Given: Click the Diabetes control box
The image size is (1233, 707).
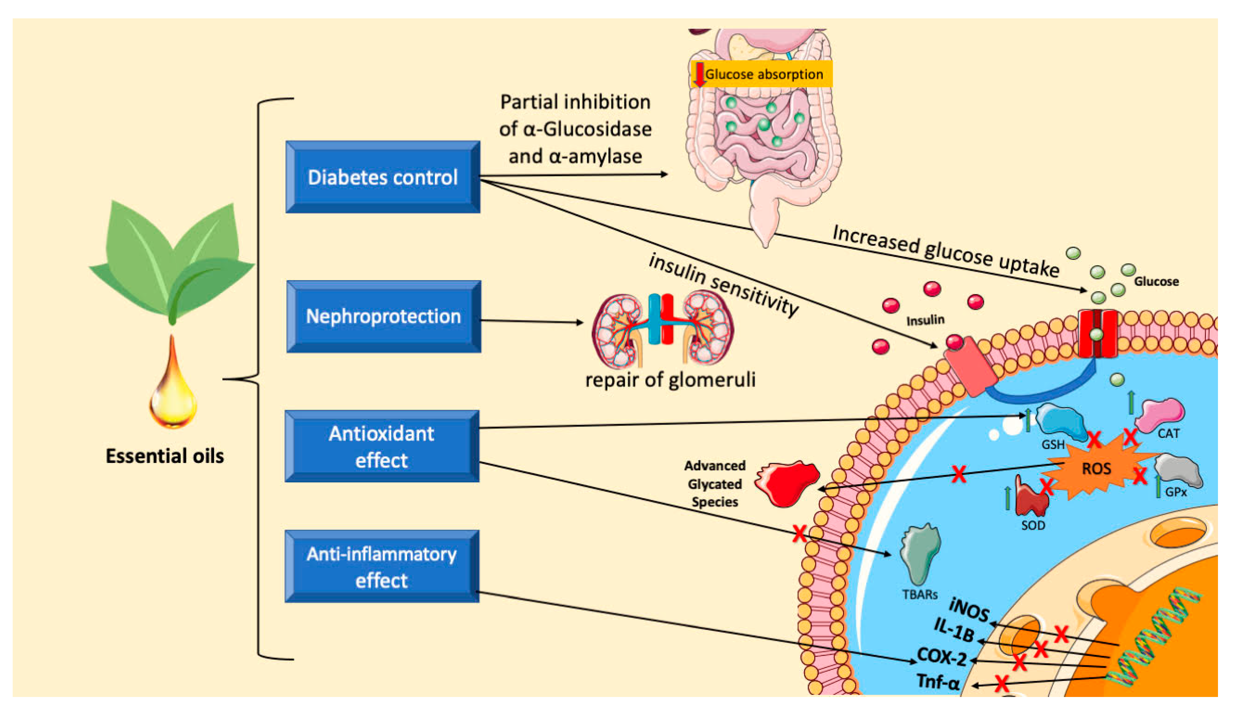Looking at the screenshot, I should (383, 177).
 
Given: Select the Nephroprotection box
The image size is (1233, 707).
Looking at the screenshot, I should (384, 316).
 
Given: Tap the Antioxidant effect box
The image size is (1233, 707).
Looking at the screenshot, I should (382, 446).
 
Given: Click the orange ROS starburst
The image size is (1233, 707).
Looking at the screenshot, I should (1096, 469).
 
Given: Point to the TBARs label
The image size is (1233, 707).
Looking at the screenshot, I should (919, 595).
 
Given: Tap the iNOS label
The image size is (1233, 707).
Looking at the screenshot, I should (969, 610).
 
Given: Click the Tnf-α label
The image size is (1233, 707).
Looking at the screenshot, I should (938, 682).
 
